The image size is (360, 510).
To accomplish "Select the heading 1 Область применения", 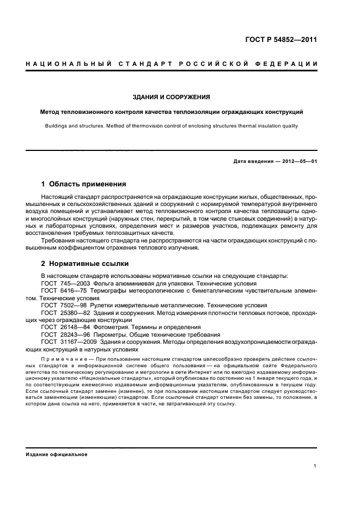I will tap(84, 184).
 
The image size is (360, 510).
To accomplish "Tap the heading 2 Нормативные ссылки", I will tap(85, 264).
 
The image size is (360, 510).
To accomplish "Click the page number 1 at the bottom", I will tap(315, 466).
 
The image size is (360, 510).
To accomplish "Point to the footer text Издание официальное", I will tap(57, 454).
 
